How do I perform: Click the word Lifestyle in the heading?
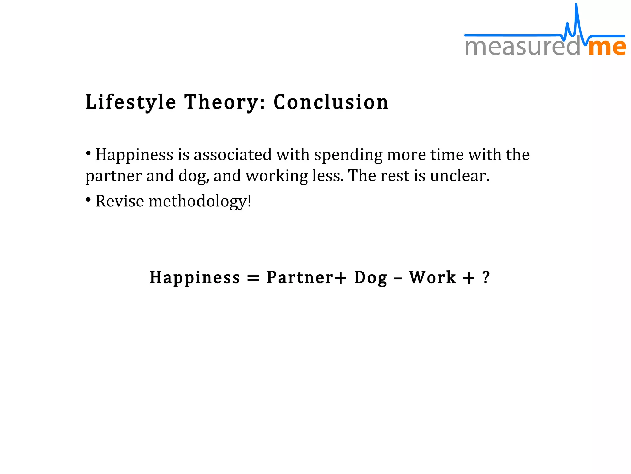tap(131, 102)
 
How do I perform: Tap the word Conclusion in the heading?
tap(331, 102)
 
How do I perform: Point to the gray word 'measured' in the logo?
tap(522, 47)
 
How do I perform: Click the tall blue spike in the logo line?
tap(576, 15)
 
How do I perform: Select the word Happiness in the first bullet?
tap(134, 155)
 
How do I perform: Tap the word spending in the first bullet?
tap(348, 155)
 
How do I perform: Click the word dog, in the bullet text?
tap(193, 176)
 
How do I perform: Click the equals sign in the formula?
tap(253, 278)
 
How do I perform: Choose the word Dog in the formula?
tap(371, 278)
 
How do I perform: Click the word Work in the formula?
tap(432, 277)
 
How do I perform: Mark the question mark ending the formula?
tap(486, 277)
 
